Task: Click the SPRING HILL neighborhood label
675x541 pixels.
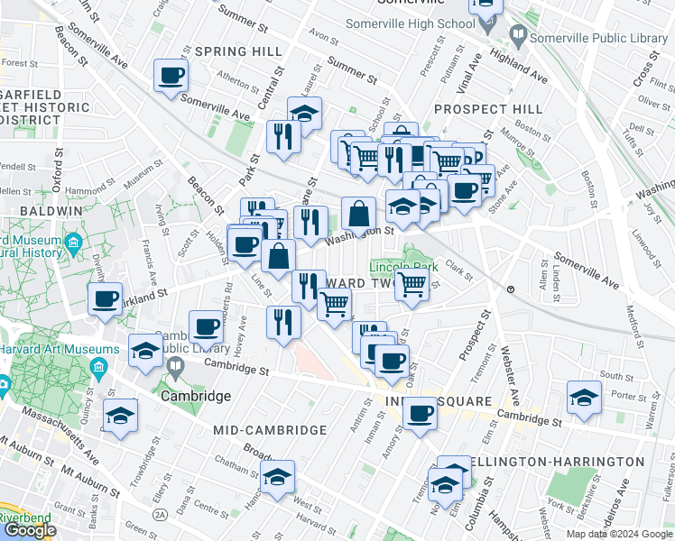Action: tap(238, 51)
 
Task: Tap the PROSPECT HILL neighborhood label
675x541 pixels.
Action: tap(487, 109)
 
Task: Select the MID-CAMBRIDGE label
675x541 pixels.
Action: tap(269, 431)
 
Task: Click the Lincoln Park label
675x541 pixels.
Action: tap(403, 267)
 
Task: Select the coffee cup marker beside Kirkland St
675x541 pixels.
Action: tap(106, 299)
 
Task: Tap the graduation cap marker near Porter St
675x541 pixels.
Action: tap(584, 398)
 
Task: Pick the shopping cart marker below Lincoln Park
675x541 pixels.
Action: tap(412, 285)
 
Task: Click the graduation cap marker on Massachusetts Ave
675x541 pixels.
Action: tap(120, 417)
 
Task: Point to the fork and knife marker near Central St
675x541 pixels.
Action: tap(283, 137)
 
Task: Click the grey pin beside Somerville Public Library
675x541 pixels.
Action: tap(518, 37)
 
